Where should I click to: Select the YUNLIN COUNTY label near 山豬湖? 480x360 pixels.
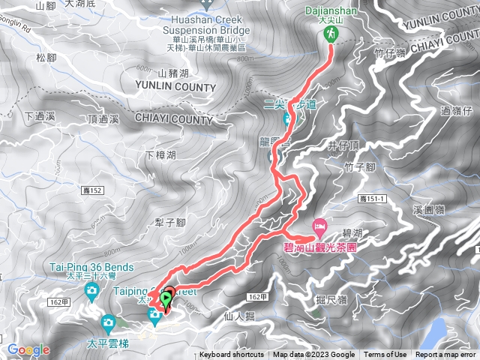[175, 88]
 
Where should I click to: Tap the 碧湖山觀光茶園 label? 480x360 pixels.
[319, 246]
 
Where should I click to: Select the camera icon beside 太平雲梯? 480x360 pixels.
[108, 324]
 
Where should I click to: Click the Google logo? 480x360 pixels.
[28, 349]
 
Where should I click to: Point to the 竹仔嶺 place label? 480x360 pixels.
[389, 52]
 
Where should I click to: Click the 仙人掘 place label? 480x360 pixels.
[239, 316]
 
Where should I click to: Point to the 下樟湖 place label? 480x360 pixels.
[160, 155]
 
